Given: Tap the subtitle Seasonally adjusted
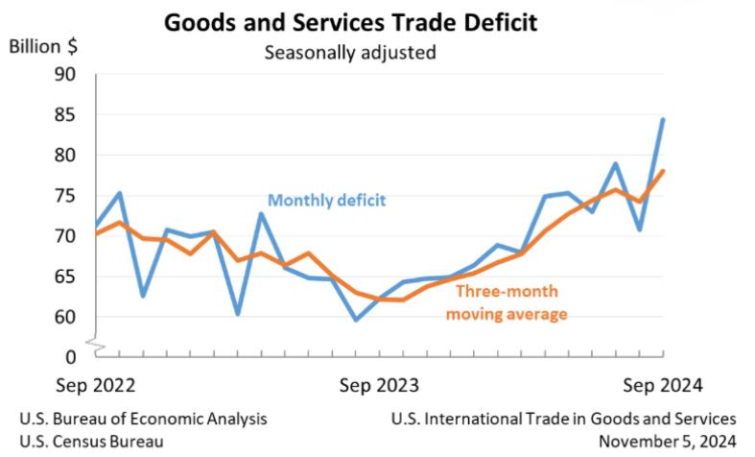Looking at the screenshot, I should coord(350,52).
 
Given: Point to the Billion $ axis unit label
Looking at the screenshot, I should coord(45,47).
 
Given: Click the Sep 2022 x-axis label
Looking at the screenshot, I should coord(93,386).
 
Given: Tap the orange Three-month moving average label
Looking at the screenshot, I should coord(506,302).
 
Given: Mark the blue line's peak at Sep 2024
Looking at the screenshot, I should coord(663,120).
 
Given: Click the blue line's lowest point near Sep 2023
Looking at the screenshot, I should coord(356,320).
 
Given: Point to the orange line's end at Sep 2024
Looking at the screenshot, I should coord(663,171).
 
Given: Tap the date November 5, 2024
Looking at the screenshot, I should coord(667,441).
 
